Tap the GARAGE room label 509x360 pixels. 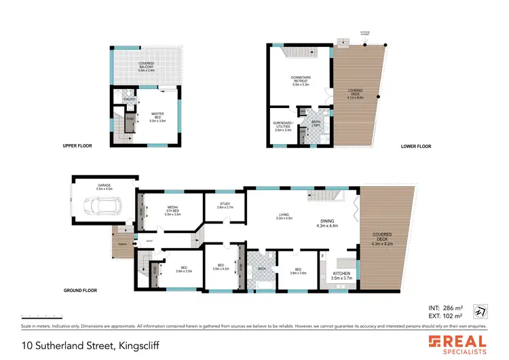coord(105,185)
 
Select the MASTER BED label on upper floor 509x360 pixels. coord(157,117)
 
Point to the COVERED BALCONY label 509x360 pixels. coord(147,67)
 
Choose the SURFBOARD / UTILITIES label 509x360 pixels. coord(282,126)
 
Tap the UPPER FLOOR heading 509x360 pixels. coord(77,145)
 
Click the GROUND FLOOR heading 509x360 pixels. coord(80,290)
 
